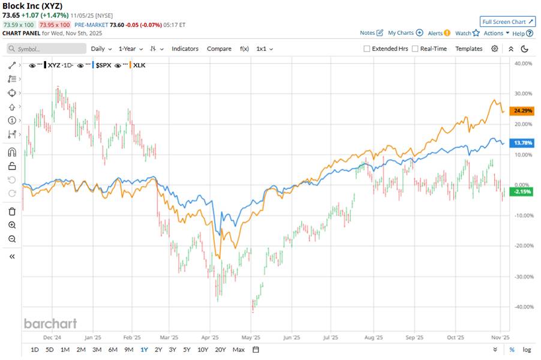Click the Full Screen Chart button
(507, 22)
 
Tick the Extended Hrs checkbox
(367, 49)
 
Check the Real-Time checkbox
(415, 49)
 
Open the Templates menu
(468, 49)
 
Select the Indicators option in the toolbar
(185, 49)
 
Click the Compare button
(219, 49)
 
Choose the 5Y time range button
(187, 349)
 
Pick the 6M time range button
(112, 349)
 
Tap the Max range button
(238, 349)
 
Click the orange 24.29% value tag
(519, 111)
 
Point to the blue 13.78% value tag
(519, 143)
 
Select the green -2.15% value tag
(519, 191)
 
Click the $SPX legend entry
(103, 65)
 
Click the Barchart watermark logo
(50, 323)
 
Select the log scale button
(527, 349)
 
